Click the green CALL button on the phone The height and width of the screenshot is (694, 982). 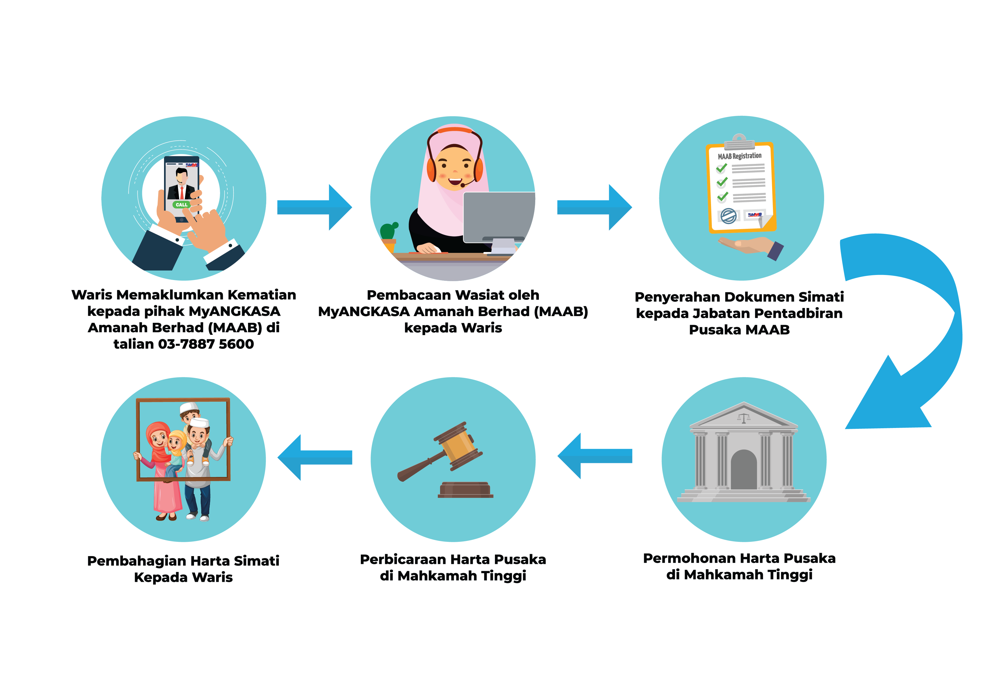[181, 205]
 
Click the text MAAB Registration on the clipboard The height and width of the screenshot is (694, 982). [740, 156]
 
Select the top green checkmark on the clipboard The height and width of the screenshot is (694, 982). [722, 168]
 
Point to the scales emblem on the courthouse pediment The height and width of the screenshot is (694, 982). [744, 418]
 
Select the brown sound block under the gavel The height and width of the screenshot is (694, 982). [465, 490]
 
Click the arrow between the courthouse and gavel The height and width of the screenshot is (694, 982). [595, 456]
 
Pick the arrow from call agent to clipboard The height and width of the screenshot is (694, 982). [595, 207]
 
